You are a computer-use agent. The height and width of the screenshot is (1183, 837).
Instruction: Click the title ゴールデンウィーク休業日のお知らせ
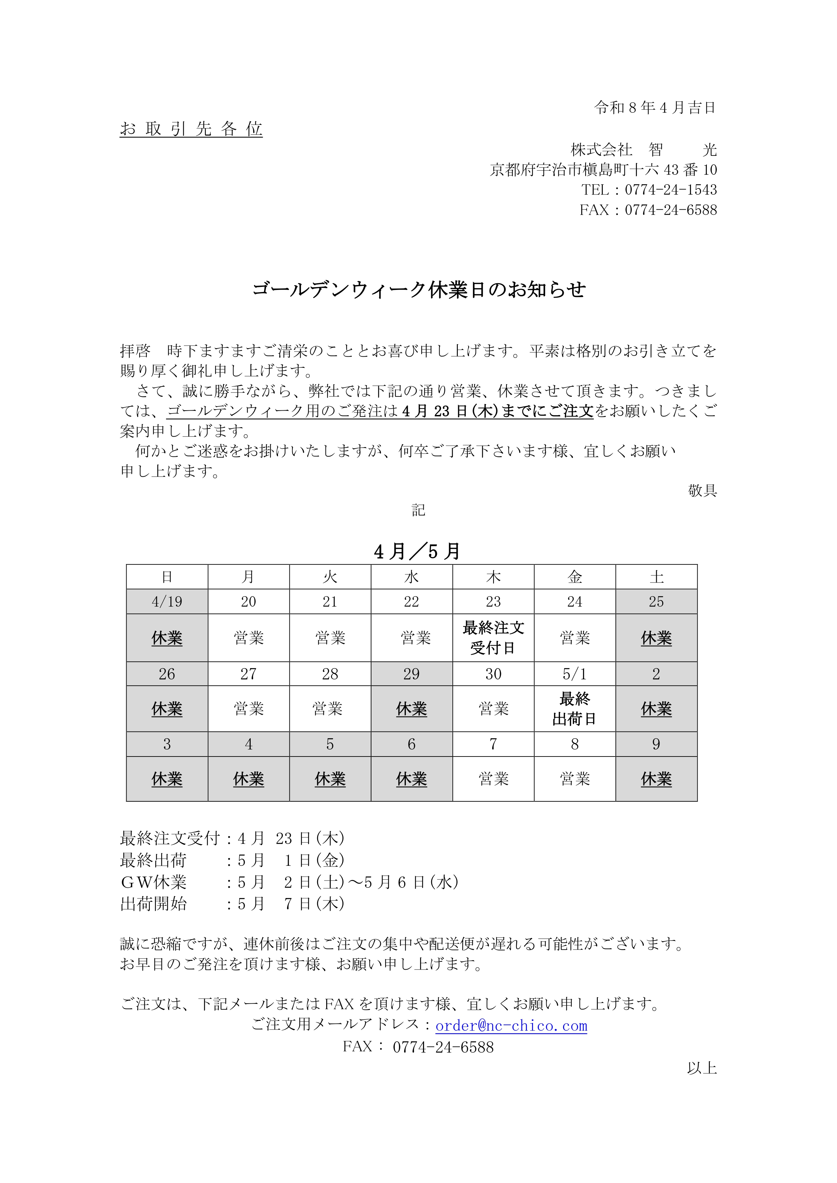click(419, 290)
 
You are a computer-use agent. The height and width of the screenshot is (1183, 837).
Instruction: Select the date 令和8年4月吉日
click(655, 108)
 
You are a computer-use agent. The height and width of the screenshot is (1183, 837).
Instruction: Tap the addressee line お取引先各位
click(191, 129)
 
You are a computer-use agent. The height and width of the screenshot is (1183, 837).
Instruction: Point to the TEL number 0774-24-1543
click(670, 189)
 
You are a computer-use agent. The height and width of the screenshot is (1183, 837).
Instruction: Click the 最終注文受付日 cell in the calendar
click(493, 638)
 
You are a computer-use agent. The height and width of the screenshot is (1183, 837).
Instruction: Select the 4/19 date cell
click(167, 601)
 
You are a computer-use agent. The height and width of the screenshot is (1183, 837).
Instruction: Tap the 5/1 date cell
click(575, 674)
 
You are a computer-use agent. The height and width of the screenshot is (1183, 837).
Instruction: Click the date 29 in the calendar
click(412, 674)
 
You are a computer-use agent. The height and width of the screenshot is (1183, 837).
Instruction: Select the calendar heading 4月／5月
click(417, 551)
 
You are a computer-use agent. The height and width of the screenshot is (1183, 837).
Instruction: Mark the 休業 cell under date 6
click(412, 779)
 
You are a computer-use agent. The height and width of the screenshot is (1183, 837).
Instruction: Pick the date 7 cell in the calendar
click(493, 744)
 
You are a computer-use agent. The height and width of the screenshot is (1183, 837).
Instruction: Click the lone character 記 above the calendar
click(418, 510)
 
